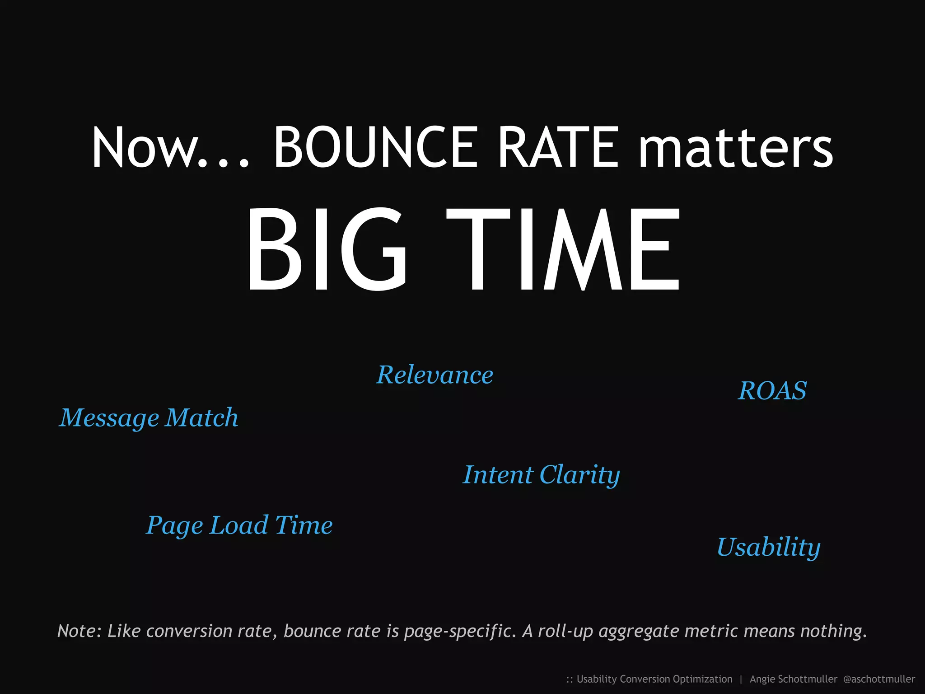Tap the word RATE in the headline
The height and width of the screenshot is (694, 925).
pos(558,147)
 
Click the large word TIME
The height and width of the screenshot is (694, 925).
pos(563,249)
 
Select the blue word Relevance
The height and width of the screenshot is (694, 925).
pos(434,375)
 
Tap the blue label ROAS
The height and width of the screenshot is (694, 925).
pos(772,391)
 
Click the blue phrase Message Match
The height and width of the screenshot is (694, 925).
pos(149,417)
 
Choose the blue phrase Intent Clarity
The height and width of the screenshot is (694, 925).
pos(541,475)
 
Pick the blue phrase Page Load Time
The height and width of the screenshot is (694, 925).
pos(239,525)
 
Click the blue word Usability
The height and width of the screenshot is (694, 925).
pos(768,547)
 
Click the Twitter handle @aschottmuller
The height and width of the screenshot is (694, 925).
pos(879,679)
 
